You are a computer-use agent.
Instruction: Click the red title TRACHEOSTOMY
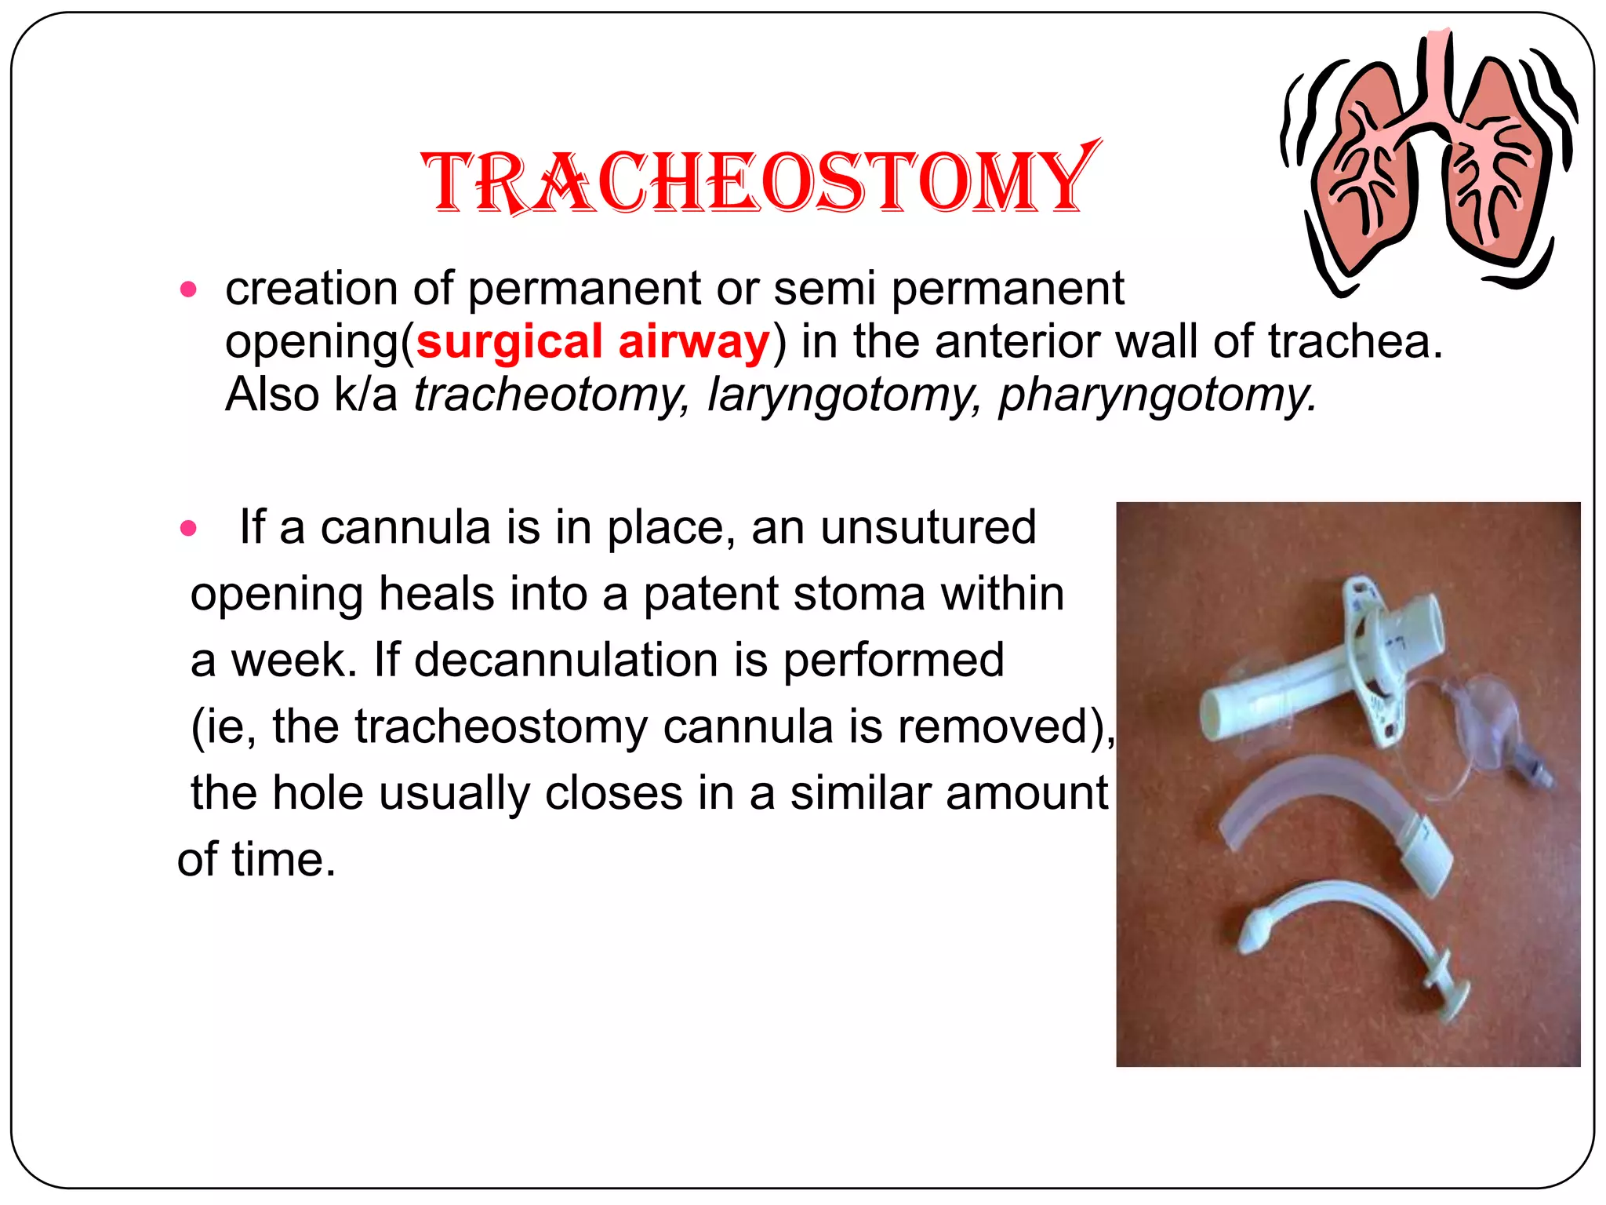pos(759,182)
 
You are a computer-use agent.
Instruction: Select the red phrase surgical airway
pos(594,343)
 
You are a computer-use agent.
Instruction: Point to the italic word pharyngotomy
pos(1157,395)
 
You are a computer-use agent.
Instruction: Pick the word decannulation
pos(565,660)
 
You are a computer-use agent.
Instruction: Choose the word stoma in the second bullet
pos(859,594)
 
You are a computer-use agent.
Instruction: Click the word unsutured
pos(928,527)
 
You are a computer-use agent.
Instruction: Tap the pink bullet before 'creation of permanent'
pos(188,290)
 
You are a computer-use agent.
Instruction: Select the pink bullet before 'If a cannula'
pos(188,529)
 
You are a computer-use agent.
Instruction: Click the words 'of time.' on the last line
pos(256,860)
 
